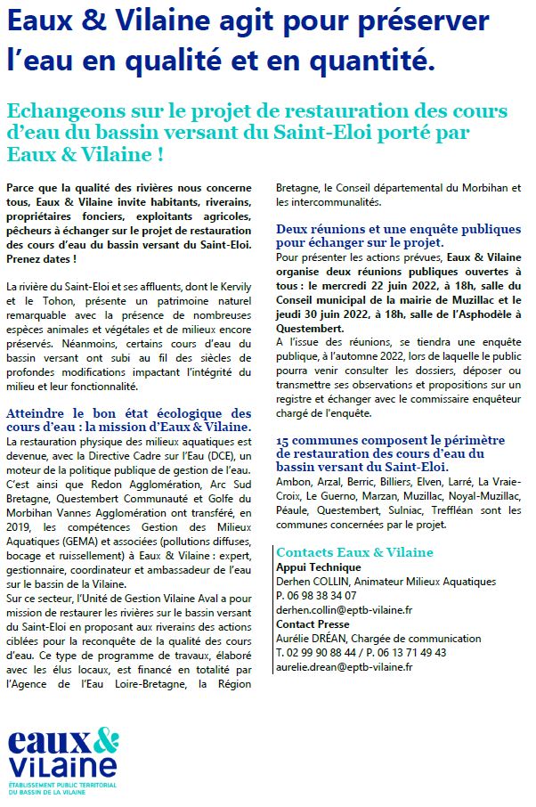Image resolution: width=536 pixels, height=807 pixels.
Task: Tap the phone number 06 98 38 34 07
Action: click(x=322, y=596)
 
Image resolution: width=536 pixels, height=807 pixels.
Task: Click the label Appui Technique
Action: click(x=318, y=567)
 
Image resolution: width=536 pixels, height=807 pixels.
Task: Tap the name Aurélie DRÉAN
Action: click(x=313, y=639)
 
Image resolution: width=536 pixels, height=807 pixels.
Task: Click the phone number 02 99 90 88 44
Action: click(x=324, y=653)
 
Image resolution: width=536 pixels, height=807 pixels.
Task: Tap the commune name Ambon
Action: click(x=292, y=482)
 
